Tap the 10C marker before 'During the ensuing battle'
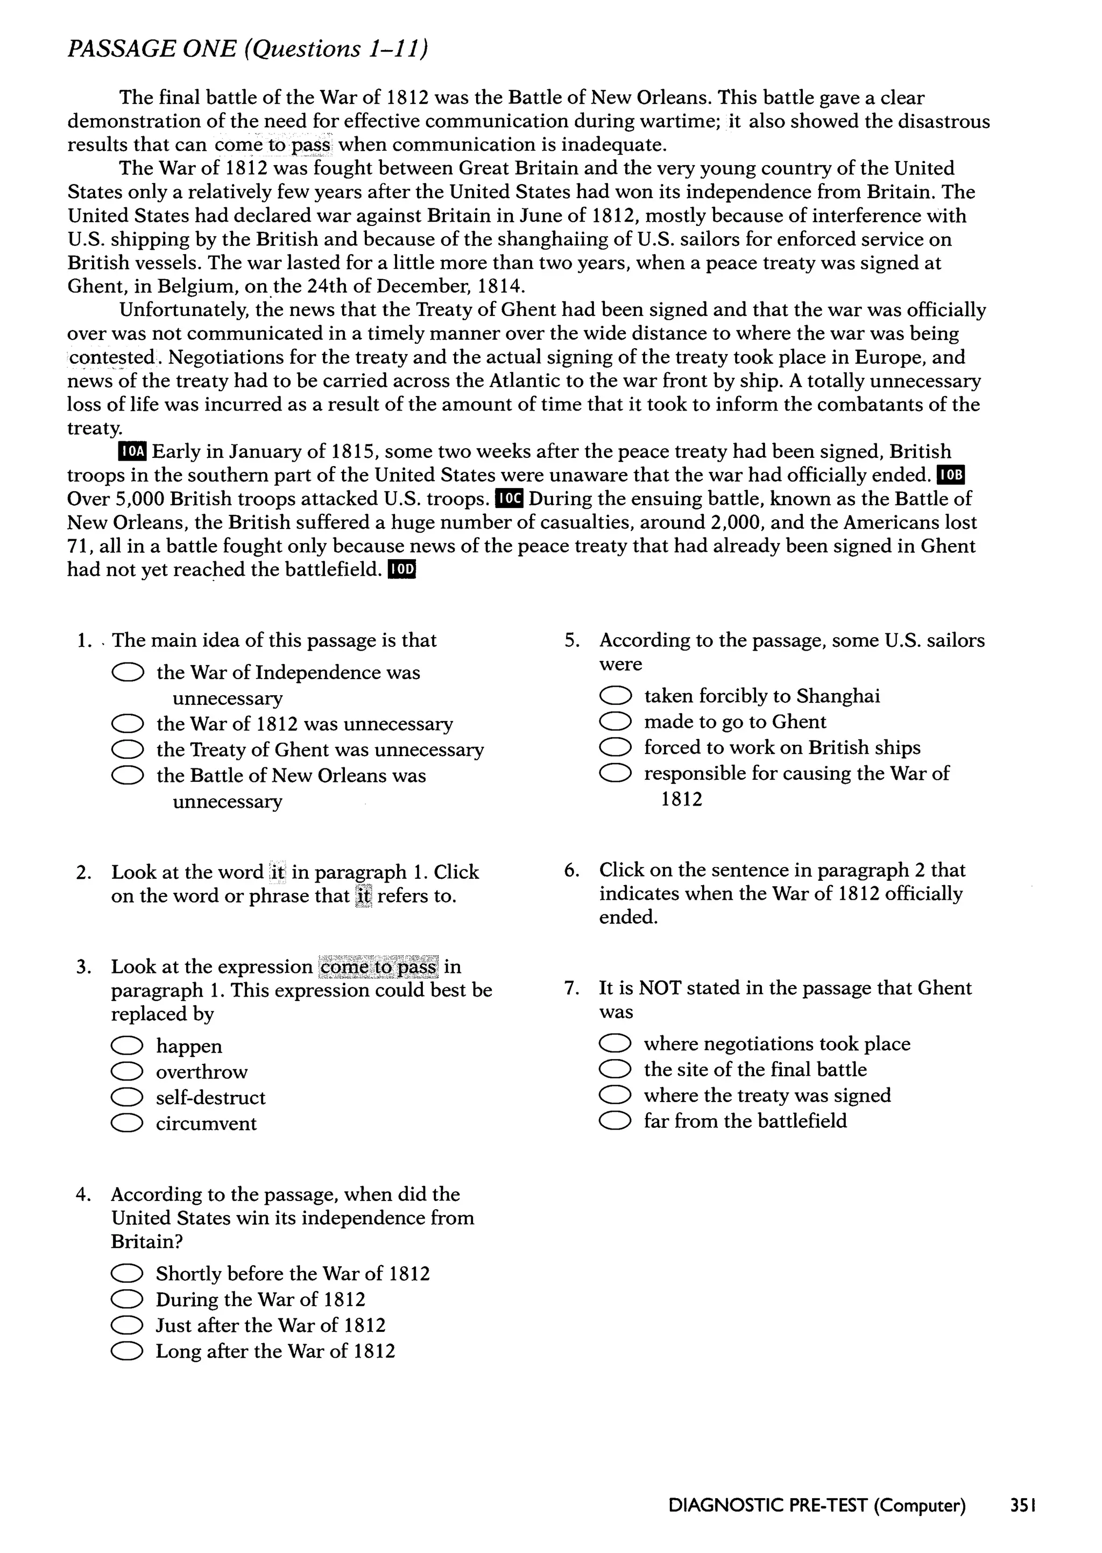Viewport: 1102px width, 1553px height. (x=510, y=499)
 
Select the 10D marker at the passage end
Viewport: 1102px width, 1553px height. (x=400, y=570)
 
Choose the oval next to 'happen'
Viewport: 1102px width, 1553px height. (x=127, y=1046)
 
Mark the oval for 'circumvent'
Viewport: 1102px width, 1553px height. (x=127, y=1124)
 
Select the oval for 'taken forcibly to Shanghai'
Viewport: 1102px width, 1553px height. (x=615, y=696)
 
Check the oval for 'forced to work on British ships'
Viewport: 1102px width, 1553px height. (x=615, y=747)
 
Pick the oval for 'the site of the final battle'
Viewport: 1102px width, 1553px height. (x=615, y=1070)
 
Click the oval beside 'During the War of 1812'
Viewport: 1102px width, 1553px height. (x=127, y=1300)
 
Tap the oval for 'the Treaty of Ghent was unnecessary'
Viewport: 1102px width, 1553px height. (x=127, y=750)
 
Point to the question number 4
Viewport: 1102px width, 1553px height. (x=83, y=1195)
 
